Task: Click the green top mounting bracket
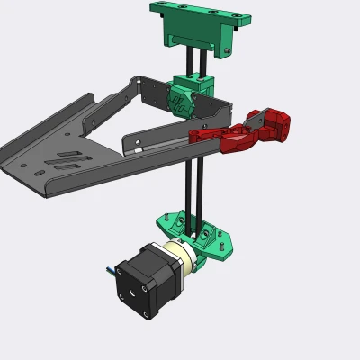194,27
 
